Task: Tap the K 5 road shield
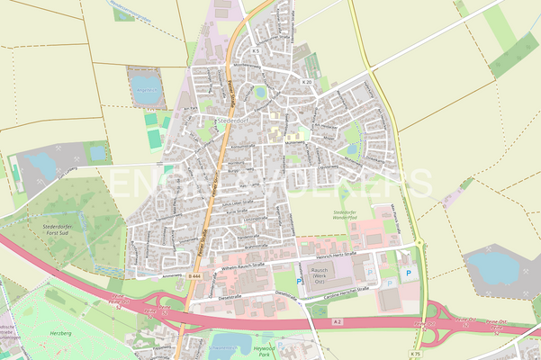[256, 51]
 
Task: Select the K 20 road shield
[307, 82]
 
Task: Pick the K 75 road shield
[415, 354]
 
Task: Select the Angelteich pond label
[144, 89]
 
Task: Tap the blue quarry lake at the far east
[494, 265]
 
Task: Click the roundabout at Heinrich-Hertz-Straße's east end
[419, 245]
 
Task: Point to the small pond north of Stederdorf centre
[260, 92]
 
